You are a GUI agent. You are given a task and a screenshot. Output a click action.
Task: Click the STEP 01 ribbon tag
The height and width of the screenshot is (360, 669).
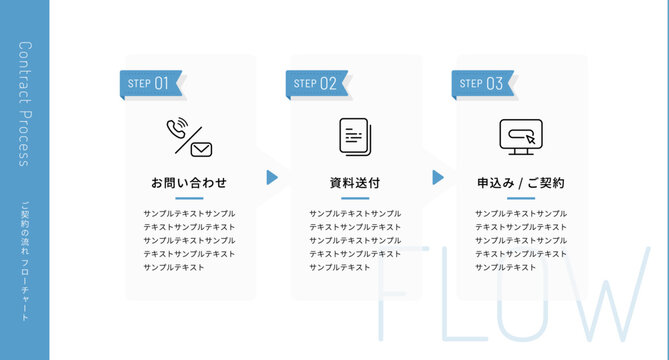click(151, 84)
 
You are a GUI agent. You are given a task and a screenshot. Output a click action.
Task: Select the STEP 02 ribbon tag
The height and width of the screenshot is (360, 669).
click(317, 84)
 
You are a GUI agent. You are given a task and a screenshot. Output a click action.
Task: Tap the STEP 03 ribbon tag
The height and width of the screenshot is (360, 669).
click(483, 84)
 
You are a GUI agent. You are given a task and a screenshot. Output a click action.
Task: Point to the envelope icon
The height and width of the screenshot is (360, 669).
click(201, 149)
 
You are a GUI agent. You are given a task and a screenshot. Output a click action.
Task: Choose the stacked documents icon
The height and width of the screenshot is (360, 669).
click(354, 136)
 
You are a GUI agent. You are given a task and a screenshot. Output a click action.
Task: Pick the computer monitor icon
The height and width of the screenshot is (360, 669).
click(520, 137)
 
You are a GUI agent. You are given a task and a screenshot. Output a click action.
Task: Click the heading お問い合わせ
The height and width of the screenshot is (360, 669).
click(189, 183)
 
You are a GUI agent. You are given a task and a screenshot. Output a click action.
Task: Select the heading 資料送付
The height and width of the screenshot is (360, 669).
click(355, 183)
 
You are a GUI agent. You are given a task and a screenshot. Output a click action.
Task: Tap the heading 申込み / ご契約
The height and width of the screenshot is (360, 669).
click(521, 183)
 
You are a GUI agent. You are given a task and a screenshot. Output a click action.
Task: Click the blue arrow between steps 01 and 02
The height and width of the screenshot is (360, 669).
click(272, 177)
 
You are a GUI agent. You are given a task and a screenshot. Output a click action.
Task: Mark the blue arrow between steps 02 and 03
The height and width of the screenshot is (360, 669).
click(438, 177)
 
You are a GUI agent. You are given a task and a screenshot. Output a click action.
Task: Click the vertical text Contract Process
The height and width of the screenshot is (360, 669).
click(25, 105)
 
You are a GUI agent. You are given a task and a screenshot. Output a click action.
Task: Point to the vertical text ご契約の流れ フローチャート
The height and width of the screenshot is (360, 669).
click(25, 261)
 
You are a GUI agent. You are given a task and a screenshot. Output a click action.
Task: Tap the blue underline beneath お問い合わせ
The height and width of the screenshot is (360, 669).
click(189, 198)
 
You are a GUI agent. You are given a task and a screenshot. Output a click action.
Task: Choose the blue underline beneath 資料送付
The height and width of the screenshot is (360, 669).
click(355, 198)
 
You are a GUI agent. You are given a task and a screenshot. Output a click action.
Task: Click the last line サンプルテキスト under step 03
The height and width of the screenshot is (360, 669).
click(506, 267)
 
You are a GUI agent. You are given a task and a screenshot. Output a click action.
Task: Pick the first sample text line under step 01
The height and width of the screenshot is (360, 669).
click(189, 214)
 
